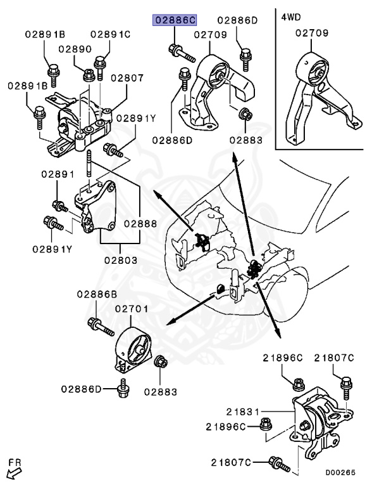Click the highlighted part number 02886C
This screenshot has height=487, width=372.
(x=175, y=20)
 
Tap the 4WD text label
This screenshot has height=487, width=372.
(x=291, y=16)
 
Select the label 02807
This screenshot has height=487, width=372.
(x=127, y=77)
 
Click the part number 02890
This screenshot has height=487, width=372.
(x=75, y=49)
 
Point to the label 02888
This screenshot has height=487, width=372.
(x=140, y=224)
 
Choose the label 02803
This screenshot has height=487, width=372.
(x=121, y=260)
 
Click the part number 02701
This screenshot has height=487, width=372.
(x=132, y=309)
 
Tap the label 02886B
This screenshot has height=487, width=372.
(x=97, y=294)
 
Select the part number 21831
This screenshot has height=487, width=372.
(x=242, y=412)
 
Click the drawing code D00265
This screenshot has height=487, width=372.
(x=340, y=472)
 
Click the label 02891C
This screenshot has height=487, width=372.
(x=110, y=34)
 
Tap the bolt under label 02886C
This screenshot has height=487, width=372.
(x=182, y=53)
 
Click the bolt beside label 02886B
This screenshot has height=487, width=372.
(x=101, y=327)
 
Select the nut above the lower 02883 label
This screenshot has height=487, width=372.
(x=161, y=362)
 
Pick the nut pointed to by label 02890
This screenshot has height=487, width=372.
(x=89, y=75)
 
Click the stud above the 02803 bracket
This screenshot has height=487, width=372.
(x=89, y=164)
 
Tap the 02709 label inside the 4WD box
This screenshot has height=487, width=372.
(x=311, y=33)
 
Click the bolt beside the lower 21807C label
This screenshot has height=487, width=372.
(x=279, y=464)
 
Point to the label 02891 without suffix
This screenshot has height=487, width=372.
(x=58, y=174)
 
